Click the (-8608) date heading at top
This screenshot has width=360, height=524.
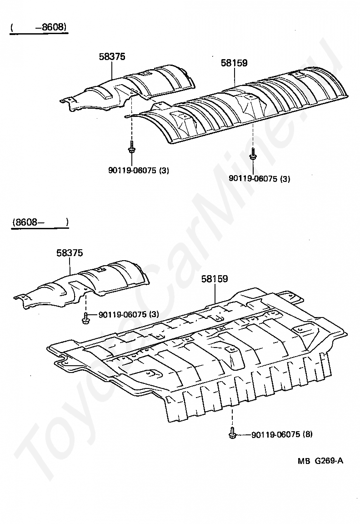click(x=39, y=27)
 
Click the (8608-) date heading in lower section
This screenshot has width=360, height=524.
click(x=40, y=222)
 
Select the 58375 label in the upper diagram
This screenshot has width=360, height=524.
click(x=112, y=56)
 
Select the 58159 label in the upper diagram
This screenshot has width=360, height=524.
click(x=235, y=63)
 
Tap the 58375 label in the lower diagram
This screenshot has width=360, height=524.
click(x=70, y=253)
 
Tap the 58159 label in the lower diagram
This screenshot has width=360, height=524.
click(x=215, y=279)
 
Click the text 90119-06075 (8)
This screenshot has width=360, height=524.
click(x=282, y=434)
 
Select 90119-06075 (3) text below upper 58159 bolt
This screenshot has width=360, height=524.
click(x=259, y=179)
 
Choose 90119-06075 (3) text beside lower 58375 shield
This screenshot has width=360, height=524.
click(x=128, y=314)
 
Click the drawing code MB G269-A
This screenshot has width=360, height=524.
click(x=320, y=460)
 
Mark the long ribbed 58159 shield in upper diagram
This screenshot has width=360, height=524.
click(x=245, y=105)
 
